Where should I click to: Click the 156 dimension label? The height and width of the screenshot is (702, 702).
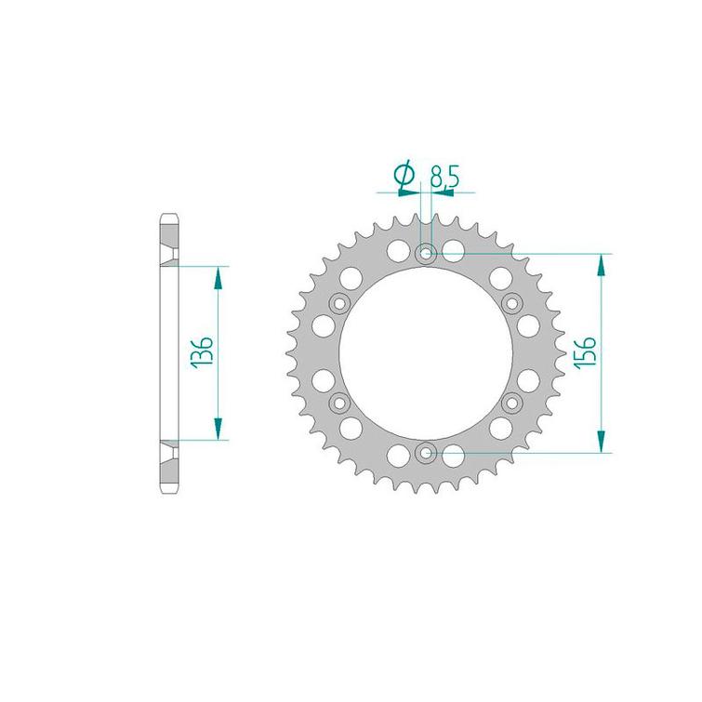[585, 351]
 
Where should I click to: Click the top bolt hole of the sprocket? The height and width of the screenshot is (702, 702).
[426, 254]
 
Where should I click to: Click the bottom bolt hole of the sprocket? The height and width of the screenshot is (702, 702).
[426, 453]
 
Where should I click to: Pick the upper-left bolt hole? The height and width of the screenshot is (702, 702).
[339, 304]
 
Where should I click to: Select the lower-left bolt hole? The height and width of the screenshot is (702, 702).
[339, 403]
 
